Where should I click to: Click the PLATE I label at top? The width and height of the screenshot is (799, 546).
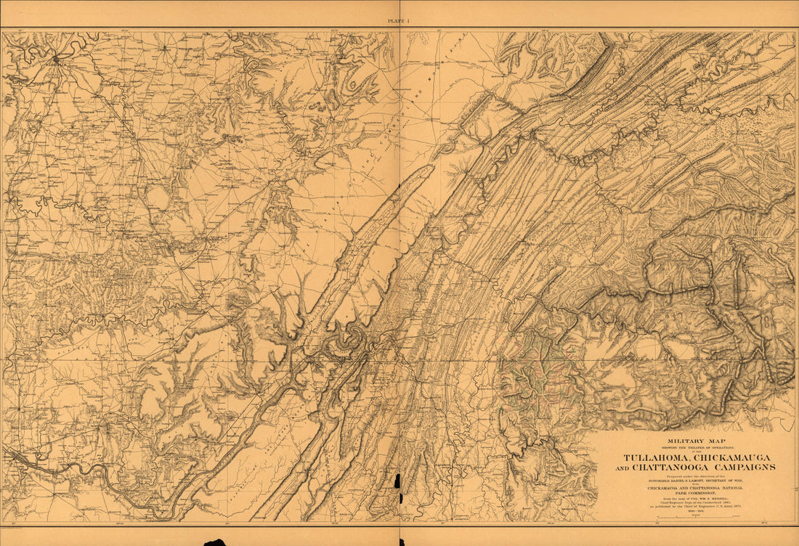click(x=399, y=22)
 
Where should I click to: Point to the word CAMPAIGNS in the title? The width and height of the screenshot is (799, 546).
click(x=742, y=467)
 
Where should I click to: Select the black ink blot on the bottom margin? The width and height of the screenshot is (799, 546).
click(x=215, y=542)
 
